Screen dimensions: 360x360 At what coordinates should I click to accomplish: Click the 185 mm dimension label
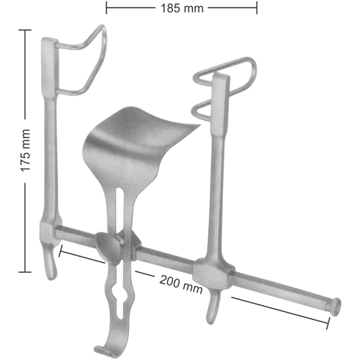pyautogui.click(x=182, y=9)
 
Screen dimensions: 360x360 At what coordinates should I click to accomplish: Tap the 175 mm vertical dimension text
pyautogui.click(x=26, y=151)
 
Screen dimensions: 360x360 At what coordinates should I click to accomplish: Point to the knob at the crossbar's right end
pyautogui.click(x=333, y=305)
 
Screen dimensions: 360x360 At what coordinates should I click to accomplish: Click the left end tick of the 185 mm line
pyautogui.click(x=107, y=9)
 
